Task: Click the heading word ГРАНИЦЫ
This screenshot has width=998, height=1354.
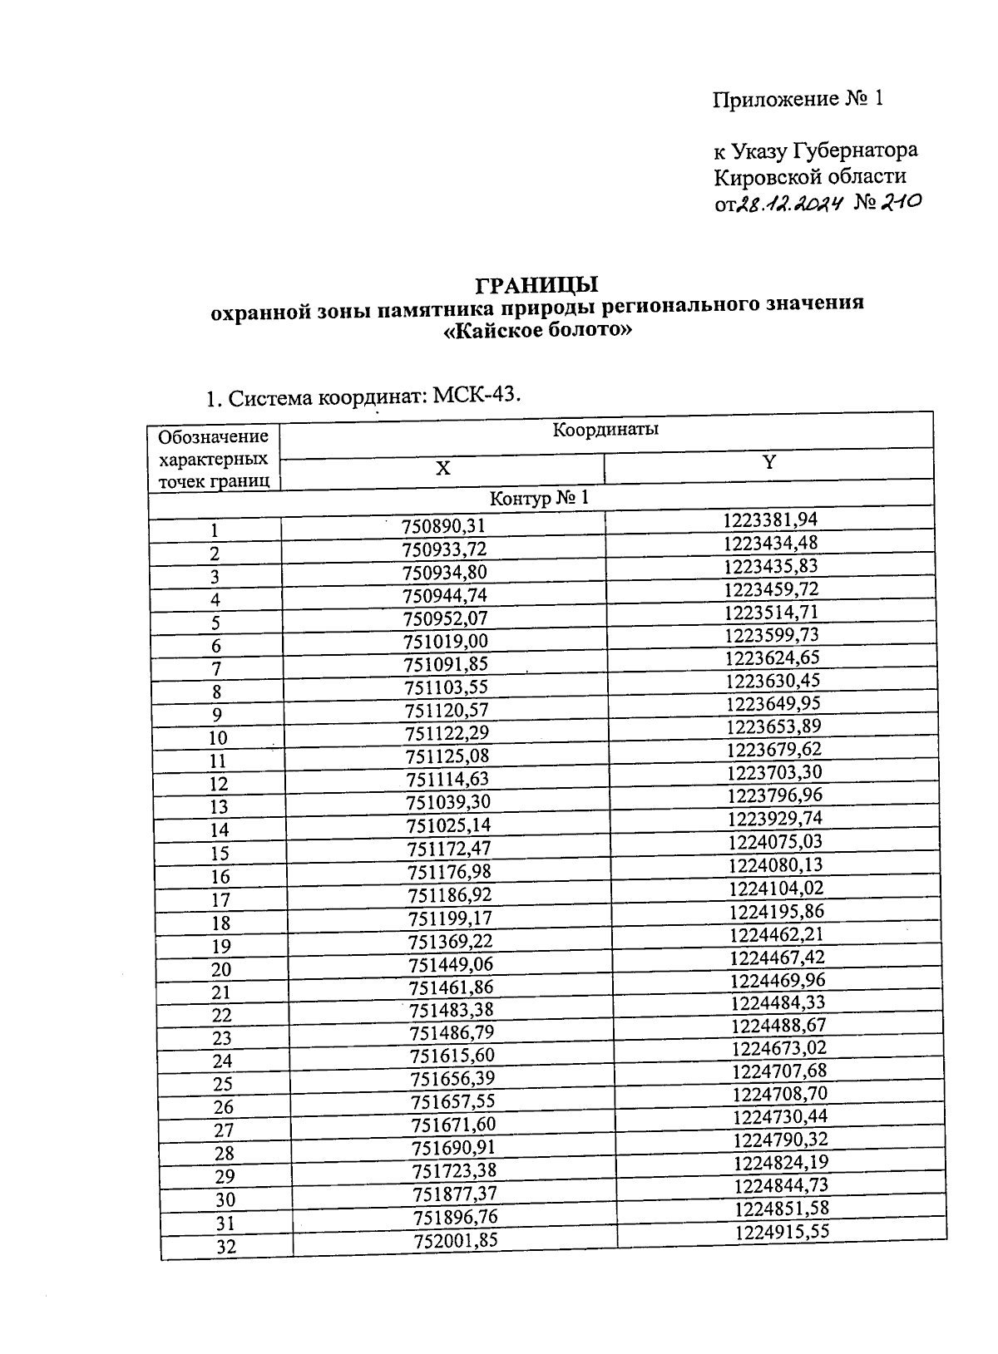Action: pos(536,285)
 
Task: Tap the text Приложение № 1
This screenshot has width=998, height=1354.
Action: pos(796,100)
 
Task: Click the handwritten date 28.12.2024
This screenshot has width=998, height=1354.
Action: pos(787,204)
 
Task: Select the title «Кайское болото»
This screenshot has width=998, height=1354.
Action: pos(536,330)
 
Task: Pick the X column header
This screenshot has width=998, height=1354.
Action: pos(443,468)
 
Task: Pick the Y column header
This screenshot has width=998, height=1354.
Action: pos(769,462)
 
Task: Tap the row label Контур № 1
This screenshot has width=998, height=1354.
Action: pos(539,499)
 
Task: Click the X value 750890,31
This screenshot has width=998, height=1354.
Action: pos(442,527)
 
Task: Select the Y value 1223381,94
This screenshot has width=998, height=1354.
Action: pos(770,520)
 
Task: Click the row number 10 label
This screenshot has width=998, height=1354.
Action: pos(218,738)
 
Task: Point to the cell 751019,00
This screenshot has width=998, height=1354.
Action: pos(446,642)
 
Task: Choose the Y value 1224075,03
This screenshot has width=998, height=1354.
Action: pos(775,842)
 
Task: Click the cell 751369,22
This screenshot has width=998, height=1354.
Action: pos(450,941)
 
